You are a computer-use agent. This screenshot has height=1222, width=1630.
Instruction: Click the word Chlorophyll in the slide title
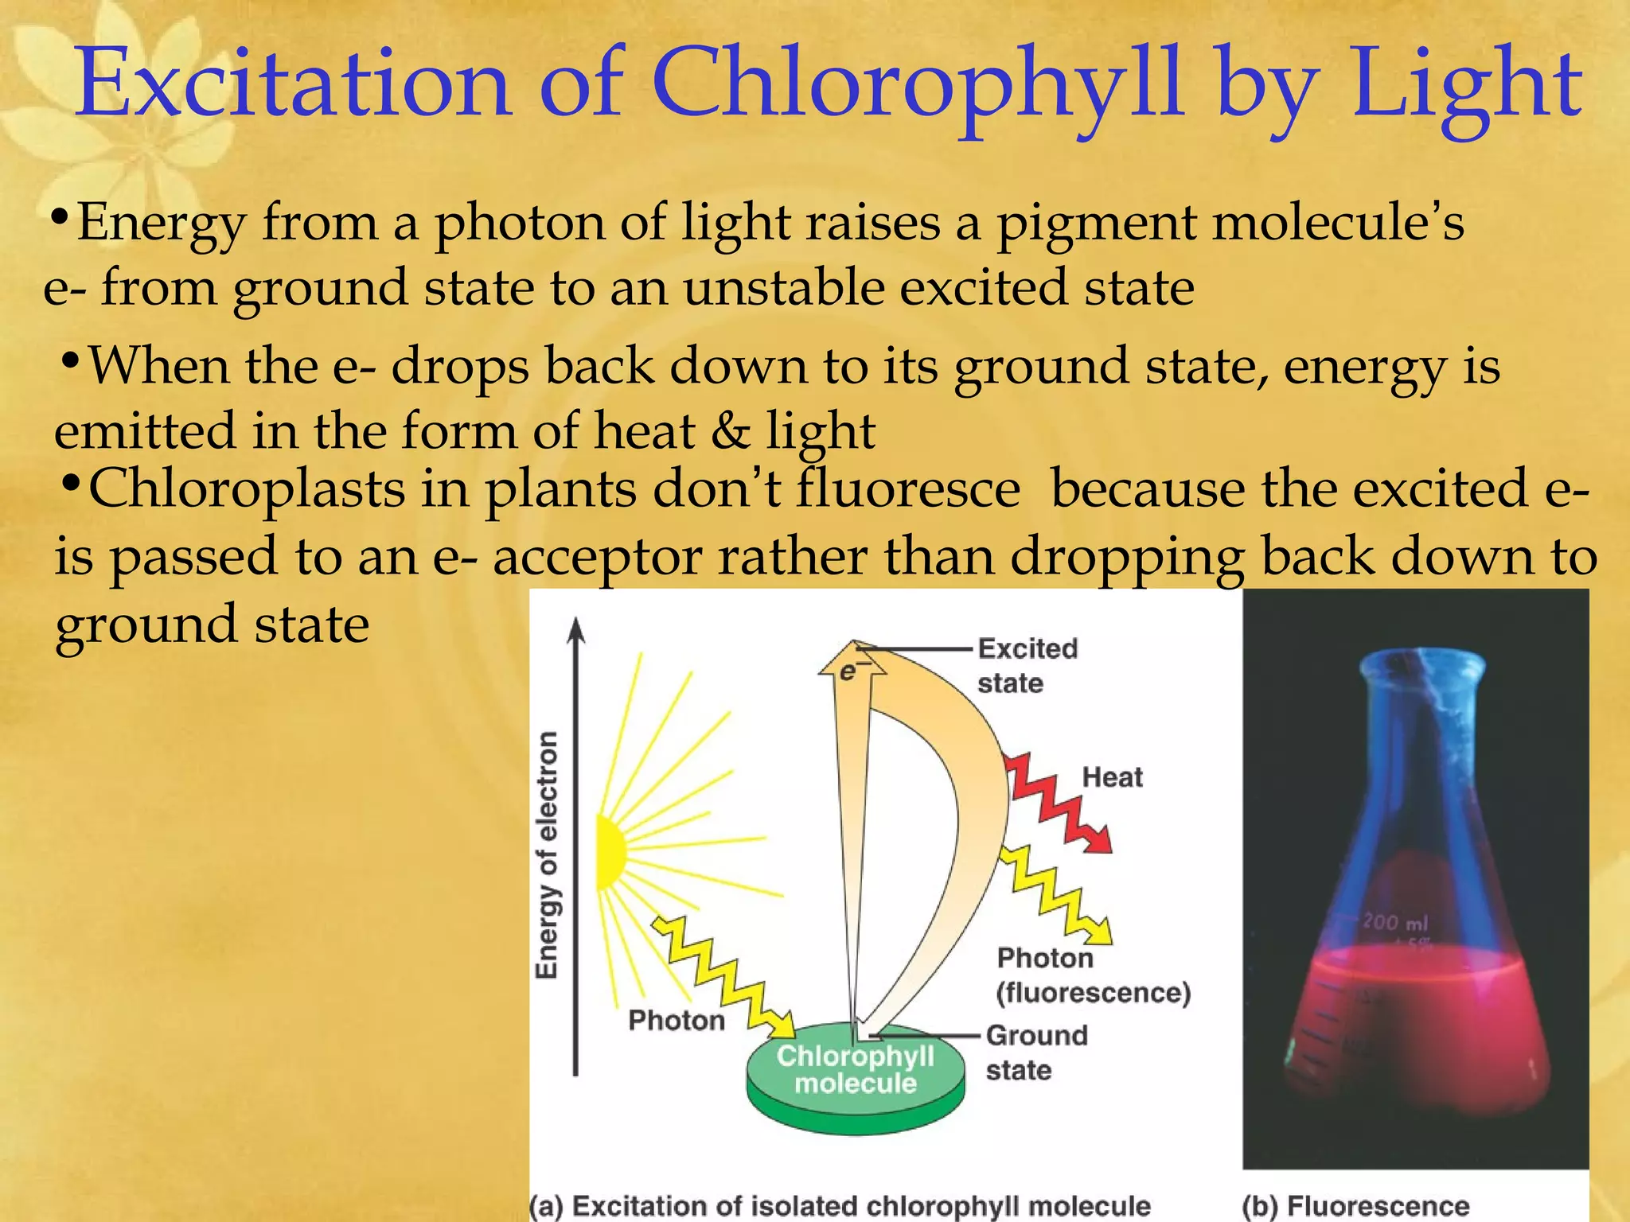[x=915, y=84]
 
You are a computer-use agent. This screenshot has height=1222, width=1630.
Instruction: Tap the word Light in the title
[x=1467, y=84]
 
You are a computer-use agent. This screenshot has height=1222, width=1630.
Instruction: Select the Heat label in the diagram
[x=1112, y=777]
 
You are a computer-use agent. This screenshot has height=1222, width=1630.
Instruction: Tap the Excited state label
[x=1026, y=666]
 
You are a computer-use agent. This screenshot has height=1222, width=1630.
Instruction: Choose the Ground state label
[x=1035, y=1052]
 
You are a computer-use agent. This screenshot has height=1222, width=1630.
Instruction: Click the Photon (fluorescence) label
[x=1092, y=975]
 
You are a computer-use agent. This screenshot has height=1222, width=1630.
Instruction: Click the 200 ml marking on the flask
[x=1395, y=922]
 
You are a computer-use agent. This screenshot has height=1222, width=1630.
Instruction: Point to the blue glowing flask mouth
[x=1421, y=662]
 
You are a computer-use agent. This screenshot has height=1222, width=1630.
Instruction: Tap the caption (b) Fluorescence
[x=1355, y=1205]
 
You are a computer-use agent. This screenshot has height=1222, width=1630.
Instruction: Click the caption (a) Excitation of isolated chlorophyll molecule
[x=840, y=1205]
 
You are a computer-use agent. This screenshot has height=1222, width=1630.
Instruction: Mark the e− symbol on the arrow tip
[x=849, y=672]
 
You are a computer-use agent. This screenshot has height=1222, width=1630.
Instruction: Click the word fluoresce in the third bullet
[x=908, y=488]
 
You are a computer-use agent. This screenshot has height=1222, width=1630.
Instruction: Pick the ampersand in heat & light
[x=730, y=432]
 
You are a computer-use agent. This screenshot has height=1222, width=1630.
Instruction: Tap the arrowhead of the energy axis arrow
[x=576, y=630]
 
